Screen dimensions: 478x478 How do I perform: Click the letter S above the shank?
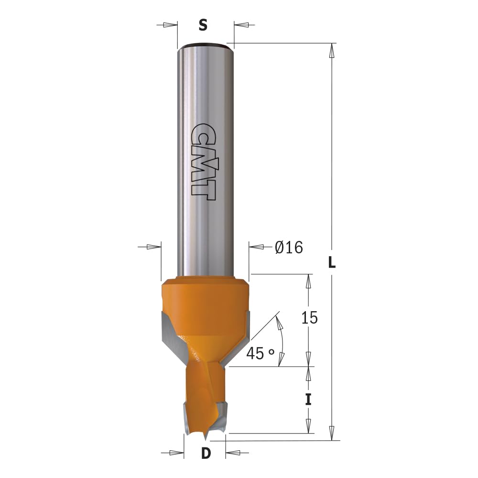203,25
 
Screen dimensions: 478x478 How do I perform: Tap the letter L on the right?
332,262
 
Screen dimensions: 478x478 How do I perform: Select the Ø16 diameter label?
289,247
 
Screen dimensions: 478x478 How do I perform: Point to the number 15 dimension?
309,318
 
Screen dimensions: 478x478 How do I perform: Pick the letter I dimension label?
308,400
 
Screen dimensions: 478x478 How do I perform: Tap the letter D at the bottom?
206,454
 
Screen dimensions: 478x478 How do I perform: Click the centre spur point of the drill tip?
206,438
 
